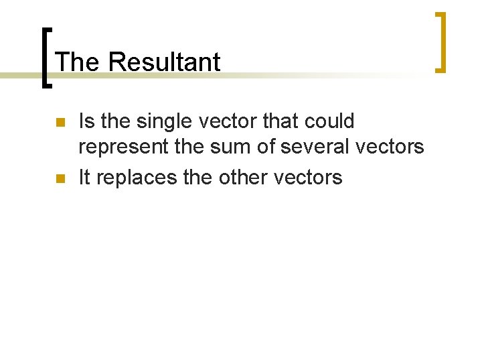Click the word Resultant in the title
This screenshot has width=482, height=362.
tap(163, 62)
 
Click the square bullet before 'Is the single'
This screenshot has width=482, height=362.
tap(59, 123)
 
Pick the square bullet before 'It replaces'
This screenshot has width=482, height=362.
tap(59, 178)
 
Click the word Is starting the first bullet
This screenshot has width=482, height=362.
tap(86, 121)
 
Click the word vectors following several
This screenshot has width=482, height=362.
tap(394, 147)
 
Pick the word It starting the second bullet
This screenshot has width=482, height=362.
tap(84, 177)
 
